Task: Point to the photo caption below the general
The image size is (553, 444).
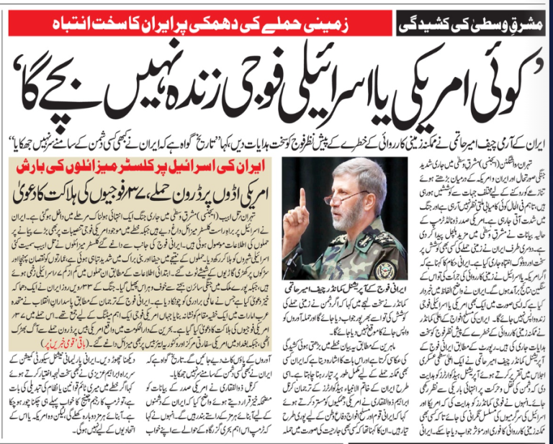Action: pos(341,292)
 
